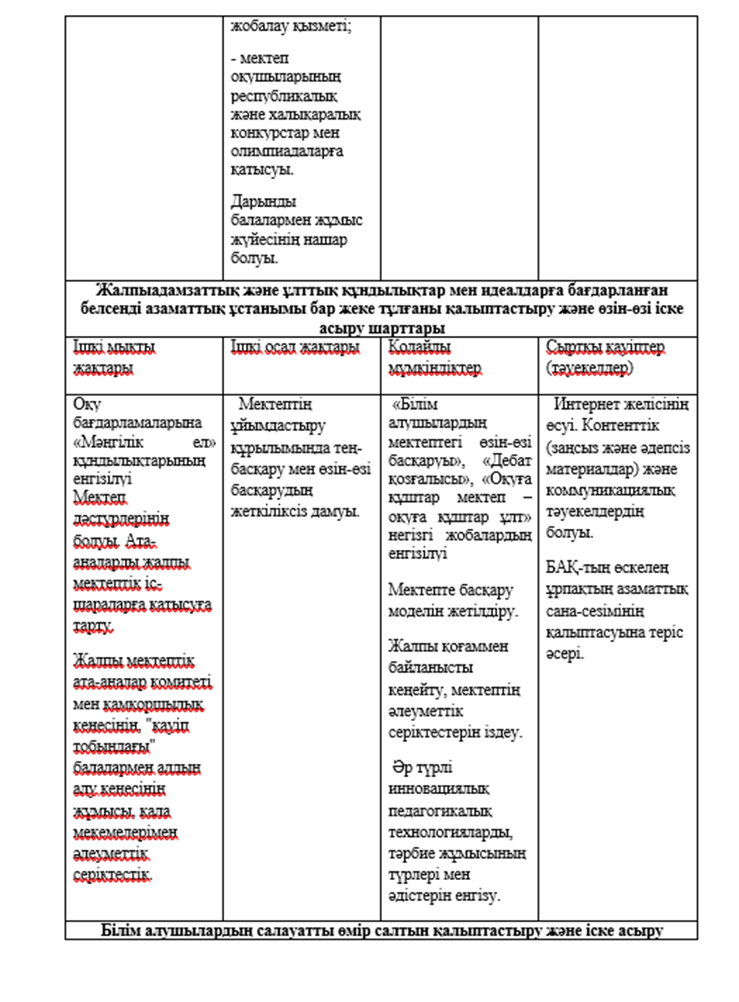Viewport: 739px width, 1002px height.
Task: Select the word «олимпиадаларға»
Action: click(x=287, y=151)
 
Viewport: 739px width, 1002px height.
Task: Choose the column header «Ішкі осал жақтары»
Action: click(x=295, y=348)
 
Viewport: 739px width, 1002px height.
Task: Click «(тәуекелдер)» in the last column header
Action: click(x=590, y=368)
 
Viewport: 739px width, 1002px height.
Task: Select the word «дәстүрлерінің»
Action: click(x=121, y=519)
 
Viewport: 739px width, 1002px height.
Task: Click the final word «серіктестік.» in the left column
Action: click(x=112, y=875)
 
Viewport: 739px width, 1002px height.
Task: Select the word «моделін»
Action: click(x=415, y=611)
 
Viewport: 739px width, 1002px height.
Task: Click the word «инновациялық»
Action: click(x=439, y=789)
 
